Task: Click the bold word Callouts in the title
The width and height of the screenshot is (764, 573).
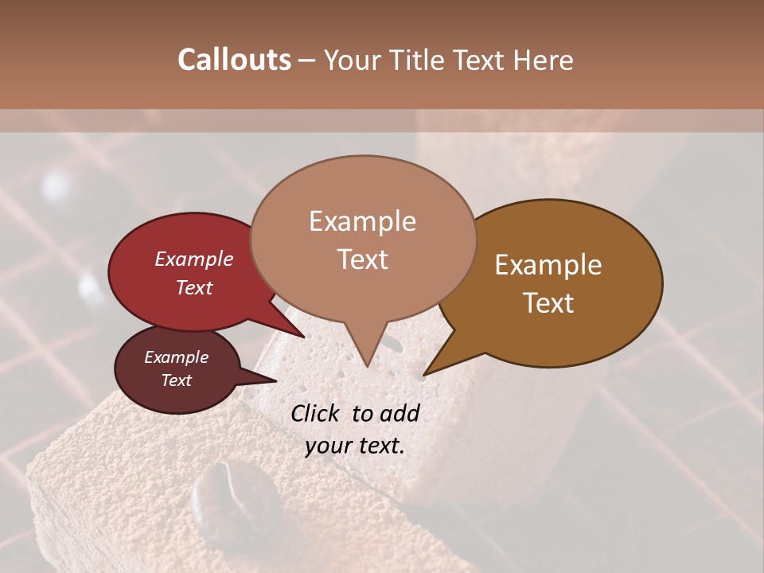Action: coord(234,60)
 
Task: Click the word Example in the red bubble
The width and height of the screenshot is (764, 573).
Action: coord(194,259)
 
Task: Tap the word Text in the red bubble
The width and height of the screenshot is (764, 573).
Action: coord(194,288)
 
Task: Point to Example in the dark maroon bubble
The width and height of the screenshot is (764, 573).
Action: coord(177,357)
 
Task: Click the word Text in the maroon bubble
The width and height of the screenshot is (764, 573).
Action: coord(177,380)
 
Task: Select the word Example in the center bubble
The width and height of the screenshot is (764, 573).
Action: coord(363,221)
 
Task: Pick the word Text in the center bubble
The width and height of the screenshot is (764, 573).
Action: coord(363,259)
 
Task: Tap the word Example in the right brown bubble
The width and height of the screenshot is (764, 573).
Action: coord(548,265)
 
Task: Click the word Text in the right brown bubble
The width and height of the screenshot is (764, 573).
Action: coord(548,303)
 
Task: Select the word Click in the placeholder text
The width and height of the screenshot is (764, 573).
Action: coord(317,413)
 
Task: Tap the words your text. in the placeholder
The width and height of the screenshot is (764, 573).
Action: coord(355,446)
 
